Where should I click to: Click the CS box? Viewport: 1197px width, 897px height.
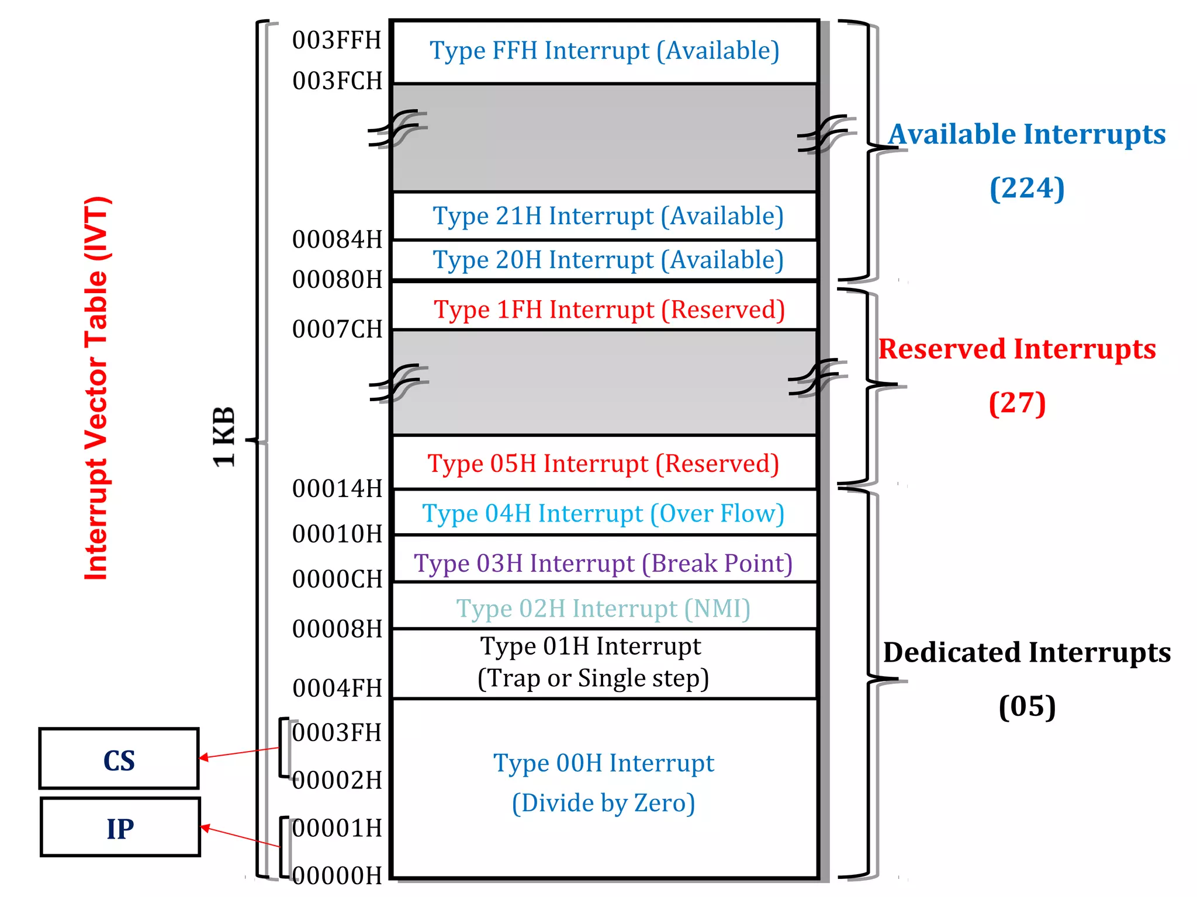click(x=119, y=759)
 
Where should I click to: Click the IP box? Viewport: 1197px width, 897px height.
click(x=120, y=828)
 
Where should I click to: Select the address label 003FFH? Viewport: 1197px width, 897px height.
click(x=337, y=40)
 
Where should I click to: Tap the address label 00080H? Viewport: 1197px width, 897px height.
click(x=337, y=280)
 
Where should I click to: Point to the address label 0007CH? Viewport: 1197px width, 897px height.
click(x=337, y=329)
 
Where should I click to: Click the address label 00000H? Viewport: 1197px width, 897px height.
click(x=337, y=875)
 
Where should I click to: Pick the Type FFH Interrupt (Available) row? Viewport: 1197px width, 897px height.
click(x=604, y=51)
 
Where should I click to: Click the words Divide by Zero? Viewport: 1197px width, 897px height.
click(x=603, y=803)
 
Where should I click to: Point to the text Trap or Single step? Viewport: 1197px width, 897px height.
click(x=593, y=679)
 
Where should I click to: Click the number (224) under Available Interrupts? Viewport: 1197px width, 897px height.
click(x=1027, y=188)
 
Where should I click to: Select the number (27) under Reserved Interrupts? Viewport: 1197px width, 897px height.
click(x=1017, y=403)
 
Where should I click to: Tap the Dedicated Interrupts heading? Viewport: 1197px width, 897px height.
click(x=1026, y=652)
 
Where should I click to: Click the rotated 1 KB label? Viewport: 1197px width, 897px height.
click(x=224, y=437)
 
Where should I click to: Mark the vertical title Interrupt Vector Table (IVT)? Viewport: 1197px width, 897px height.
click(x=96, y=388)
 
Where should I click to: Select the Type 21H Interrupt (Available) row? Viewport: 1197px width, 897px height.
click(x=608, y=216)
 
